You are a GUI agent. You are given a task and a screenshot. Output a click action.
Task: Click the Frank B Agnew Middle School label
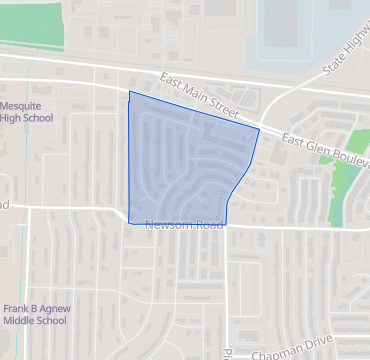coord(34,315)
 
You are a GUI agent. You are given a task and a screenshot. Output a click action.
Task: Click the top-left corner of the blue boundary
coord(130,92)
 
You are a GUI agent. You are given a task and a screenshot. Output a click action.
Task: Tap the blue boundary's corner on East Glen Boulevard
coord(259,129)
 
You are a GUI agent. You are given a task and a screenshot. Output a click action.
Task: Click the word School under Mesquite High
coord(40,119)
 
